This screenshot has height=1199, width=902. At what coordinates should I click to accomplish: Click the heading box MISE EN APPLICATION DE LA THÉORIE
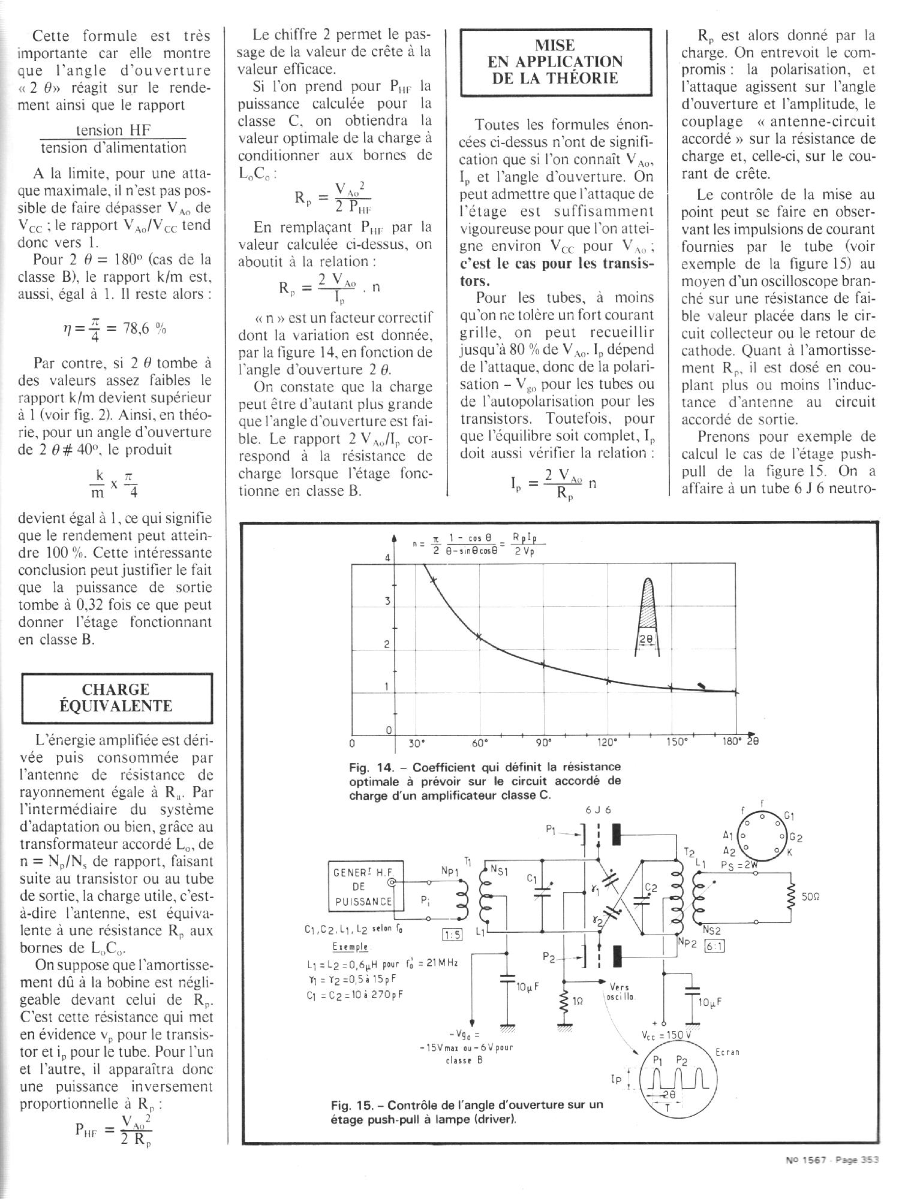coord(556,62)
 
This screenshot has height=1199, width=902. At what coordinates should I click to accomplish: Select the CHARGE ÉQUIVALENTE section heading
coord(116,698)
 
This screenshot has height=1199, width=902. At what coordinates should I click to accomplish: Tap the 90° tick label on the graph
coord(543,742)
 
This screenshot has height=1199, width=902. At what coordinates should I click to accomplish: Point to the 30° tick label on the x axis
coord(416,743)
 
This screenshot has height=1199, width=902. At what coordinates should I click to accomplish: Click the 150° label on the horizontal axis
coord(675,742)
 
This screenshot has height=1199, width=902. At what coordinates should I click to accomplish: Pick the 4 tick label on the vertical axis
coord(387,558)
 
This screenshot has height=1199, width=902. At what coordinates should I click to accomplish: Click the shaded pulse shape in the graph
coord(648,602)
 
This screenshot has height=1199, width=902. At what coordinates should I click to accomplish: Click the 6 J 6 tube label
coord(598,810)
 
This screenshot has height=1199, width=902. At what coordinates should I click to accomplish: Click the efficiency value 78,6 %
coord(144,329)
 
